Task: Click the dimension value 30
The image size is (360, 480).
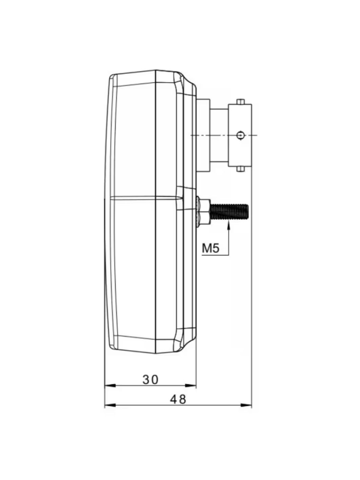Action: click(150, 379)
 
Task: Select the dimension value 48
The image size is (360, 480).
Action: click(178, 399)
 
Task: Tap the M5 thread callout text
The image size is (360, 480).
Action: click(210, 248)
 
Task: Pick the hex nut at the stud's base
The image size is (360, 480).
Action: click(203, 211)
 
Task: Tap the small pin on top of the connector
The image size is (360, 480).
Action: click(240, 102)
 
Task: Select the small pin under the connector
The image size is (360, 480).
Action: click(240, 169)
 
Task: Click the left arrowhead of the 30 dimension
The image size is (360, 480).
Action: click(110, 386)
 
